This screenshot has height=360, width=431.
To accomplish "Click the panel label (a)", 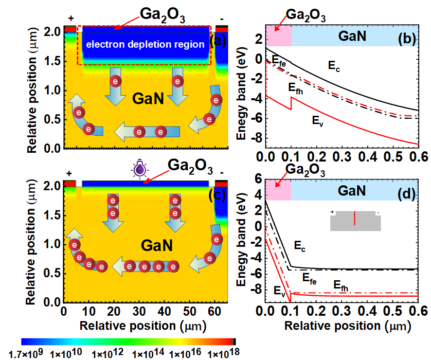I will pos(217,41).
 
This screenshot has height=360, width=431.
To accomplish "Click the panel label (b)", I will pos(407,38).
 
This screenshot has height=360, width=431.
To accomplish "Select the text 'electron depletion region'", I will pos(145,45).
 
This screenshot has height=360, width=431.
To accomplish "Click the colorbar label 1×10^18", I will pos(221,351).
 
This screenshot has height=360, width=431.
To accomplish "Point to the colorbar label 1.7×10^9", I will pos(27,351).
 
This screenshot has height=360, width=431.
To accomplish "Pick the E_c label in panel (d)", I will pos(300,246).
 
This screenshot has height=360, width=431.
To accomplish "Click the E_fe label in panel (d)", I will pos(309,278).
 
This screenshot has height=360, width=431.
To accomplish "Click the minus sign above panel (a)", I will pos(222,18).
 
